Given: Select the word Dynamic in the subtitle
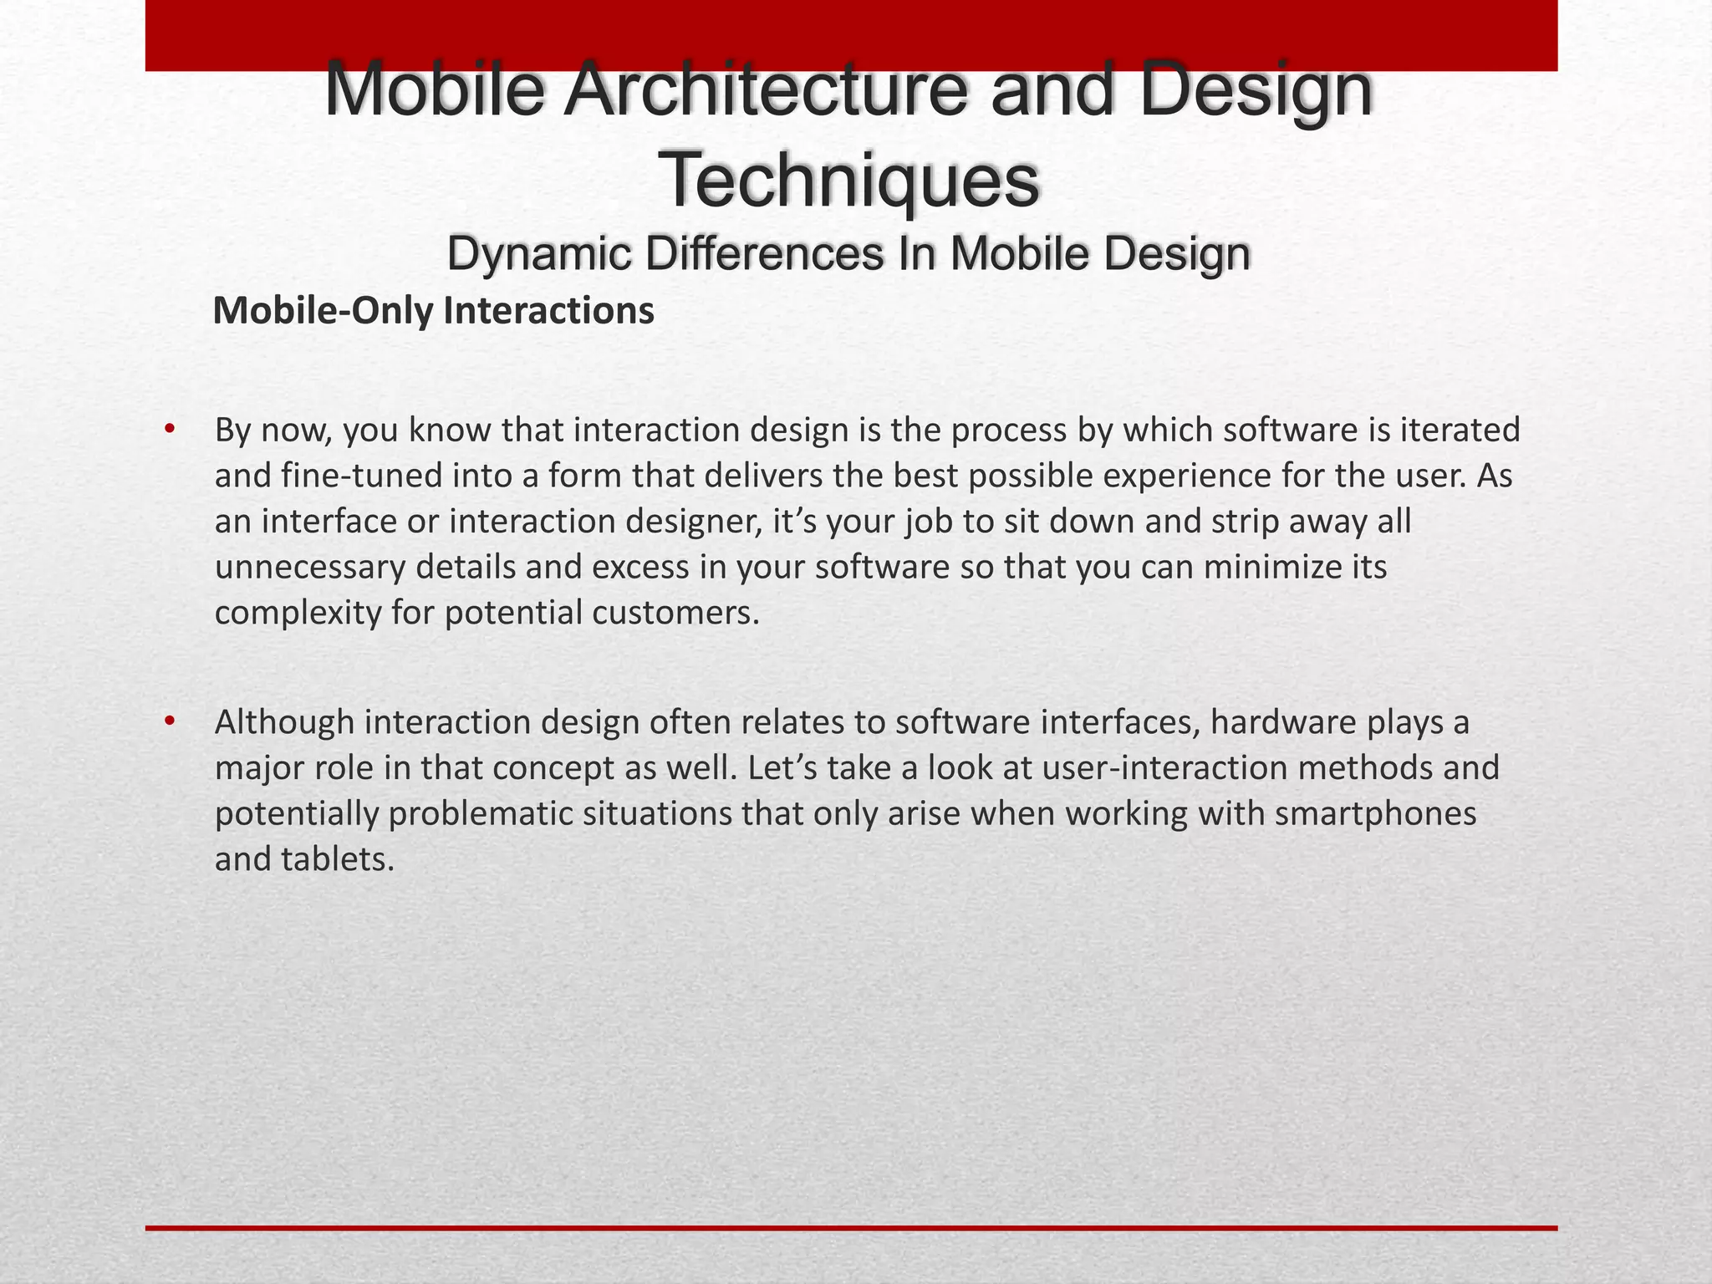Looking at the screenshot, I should point(538,254).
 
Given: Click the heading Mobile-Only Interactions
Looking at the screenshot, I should point(433,311).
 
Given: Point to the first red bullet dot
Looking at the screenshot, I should point(170,430).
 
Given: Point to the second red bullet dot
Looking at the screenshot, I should point(170,721).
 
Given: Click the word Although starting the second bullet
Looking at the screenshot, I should point(284,722).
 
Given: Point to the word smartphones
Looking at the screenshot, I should point(1375,813).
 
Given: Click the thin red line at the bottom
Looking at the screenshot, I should point(851,1228).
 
